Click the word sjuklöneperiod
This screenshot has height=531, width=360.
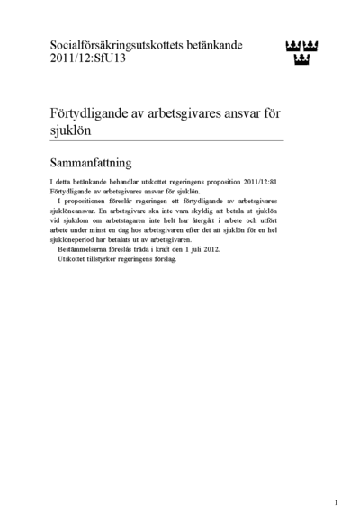(76, 239)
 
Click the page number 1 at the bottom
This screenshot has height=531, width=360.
(336, 502)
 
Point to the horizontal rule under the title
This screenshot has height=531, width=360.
(166, 140)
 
